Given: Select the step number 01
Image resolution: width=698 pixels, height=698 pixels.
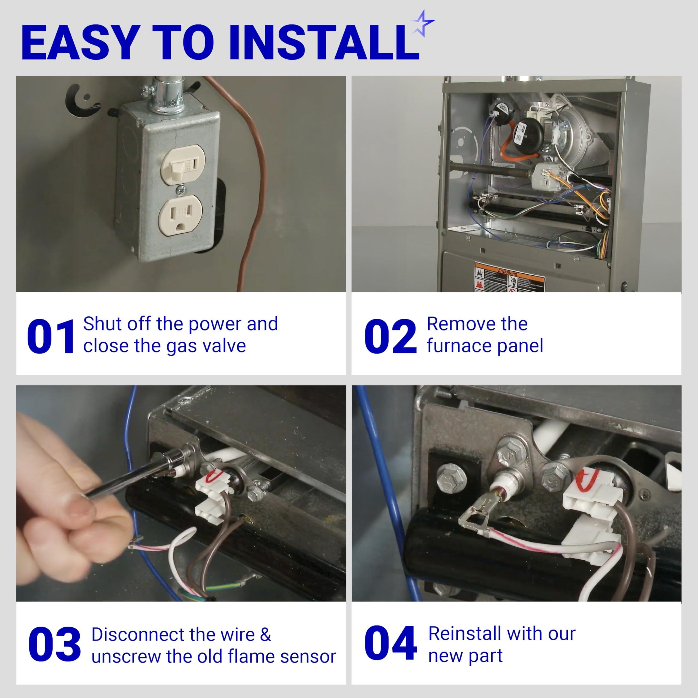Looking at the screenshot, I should [x=51, y=337].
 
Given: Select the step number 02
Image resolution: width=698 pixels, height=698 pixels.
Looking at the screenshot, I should [x=390, y=337].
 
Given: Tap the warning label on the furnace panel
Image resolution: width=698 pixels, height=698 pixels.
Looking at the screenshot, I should [x=509, y=278].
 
